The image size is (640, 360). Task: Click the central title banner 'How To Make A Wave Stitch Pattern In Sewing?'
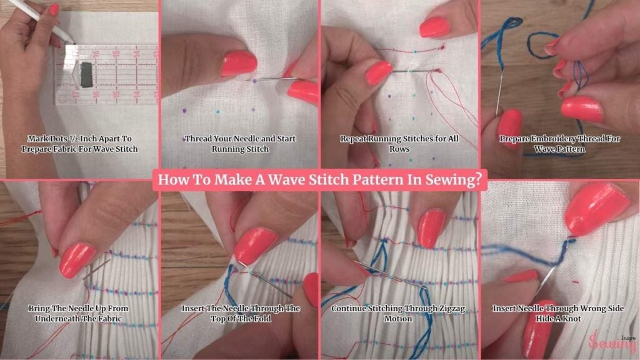click(320, 179)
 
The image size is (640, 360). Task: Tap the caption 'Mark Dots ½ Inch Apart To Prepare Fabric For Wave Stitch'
click(79, 144)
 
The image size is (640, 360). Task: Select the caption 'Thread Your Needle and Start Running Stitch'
click(240, 144)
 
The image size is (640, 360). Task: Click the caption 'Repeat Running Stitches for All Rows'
click(399, 144)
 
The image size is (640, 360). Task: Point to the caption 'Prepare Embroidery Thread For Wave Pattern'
click(559, 144)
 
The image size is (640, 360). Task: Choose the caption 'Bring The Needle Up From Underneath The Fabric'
click(78, 314)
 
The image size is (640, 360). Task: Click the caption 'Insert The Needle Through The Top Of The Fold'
click(241, 314)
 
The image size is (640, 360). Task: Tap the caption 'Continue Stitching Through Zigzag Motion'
click(398, 314)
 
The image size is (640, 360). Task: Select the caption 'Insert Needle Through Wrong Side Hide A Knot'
click(558, 314)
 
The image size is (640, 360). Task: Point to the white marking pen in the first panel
click(41, 21)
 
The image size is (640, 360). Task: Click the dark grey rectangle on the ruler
click(86, 75)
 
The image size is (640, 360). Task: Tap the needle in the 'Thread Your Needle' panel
click(271, 79)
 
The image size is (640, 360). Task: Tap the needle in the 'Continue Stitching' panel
click(390, 276)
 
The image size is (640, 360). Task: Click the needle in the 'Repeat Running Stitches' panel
click(412, 71)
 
